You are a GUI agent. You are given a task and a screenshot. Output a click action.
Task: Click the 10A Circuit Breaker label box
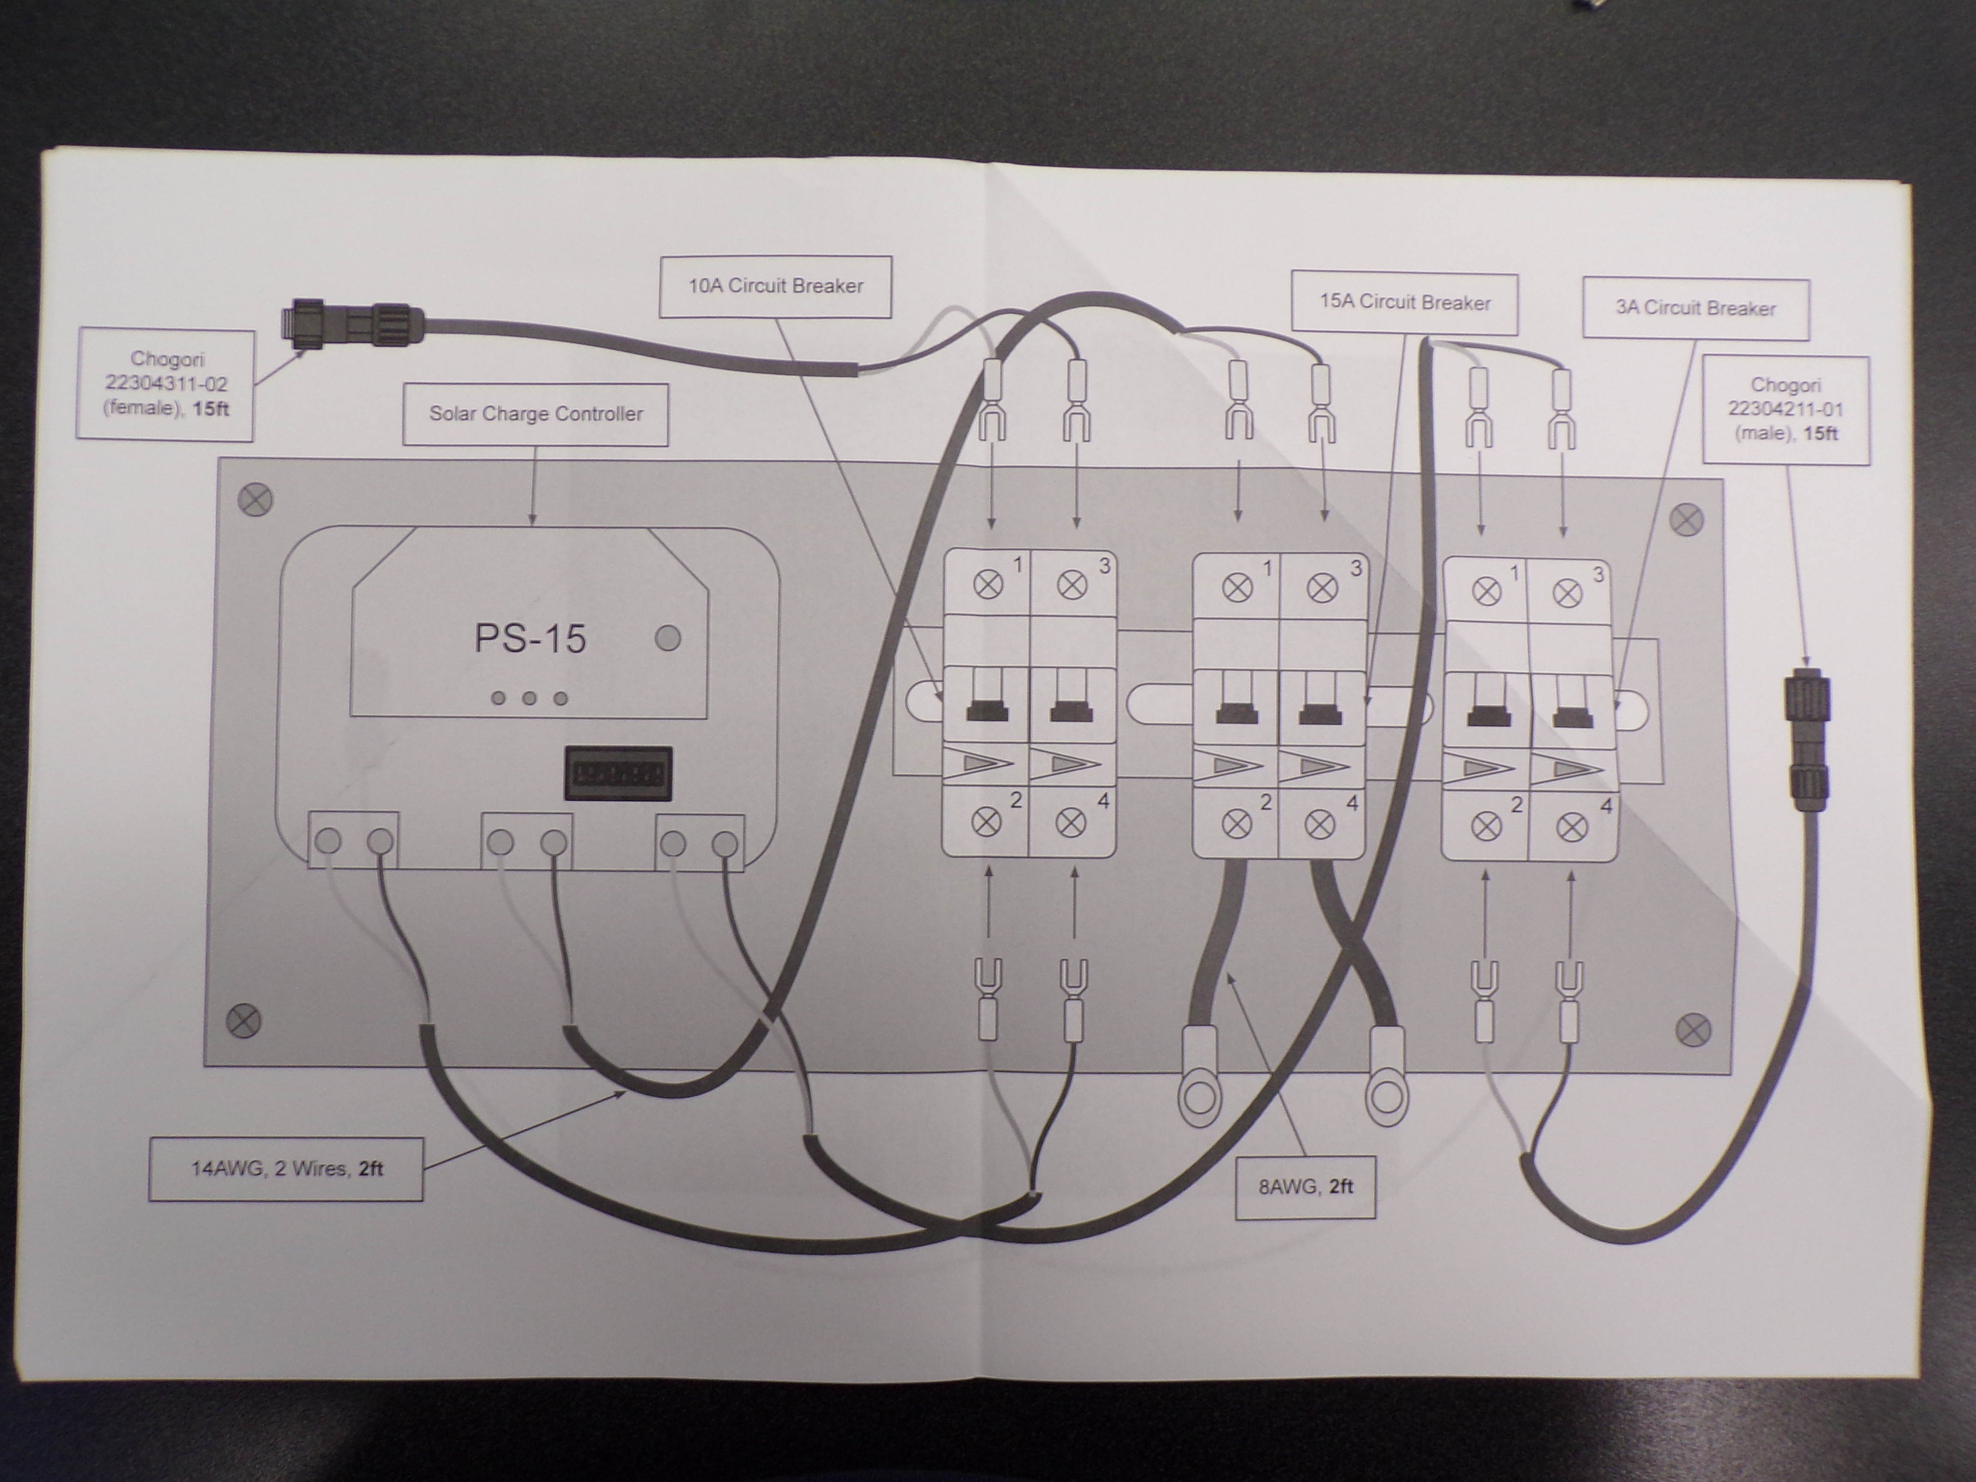pyautogui.click(x=774, y=287)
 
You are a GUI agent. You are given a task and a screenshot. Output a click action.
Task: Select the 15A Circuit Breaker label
pyautogui.click(x=1404, y=303)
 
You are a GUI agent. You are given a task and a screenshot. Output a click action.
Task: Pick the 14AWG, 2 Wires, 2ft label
pyautogui.click(x=286, y=1169)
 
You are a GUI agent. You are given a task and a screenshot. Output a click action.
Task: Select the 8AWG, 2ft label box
pyautogui.click(x=1305, y=1187)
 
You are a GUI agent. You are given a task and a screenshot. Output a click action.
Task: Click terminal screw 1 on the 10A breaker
pyautogui.click(x=987, y=585)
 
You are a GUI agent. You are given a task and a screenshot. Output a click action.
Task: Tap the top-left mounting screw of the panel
pyautogui.click(x=255, y=500)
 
